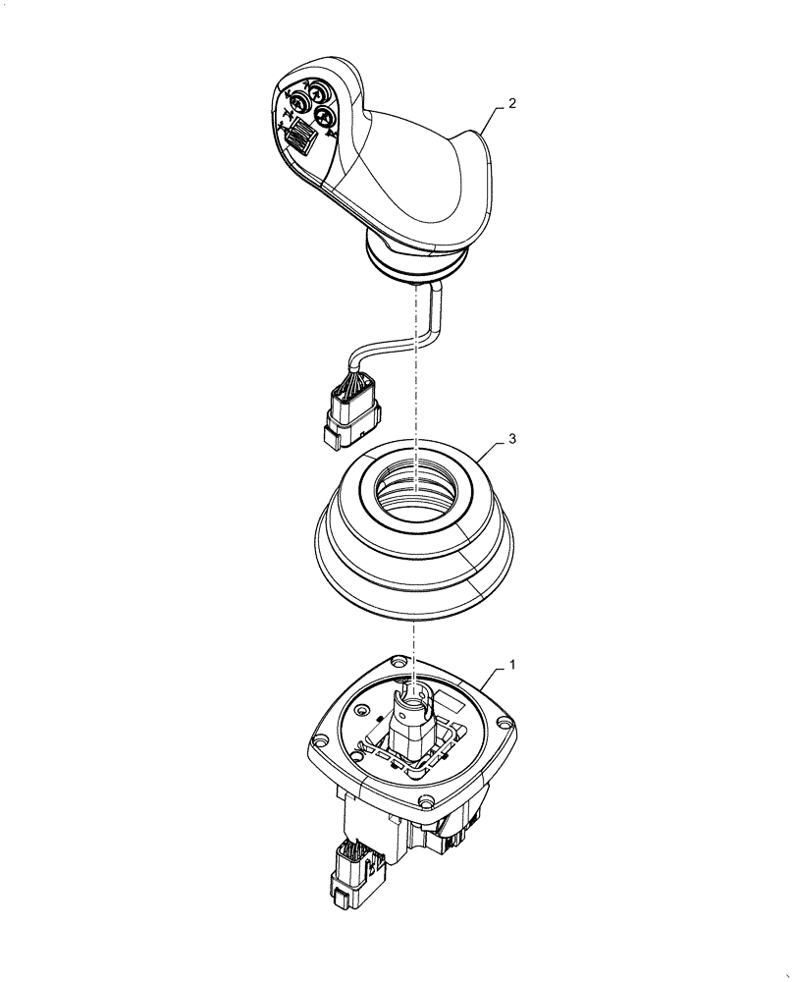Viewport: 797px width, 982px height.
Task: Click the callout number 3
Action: click(510, 443)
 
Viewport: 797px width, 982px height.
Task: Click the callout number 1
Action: click(510, 665)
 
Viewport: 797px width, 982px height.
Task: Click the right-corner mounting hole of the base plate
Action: click(505, 724)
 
